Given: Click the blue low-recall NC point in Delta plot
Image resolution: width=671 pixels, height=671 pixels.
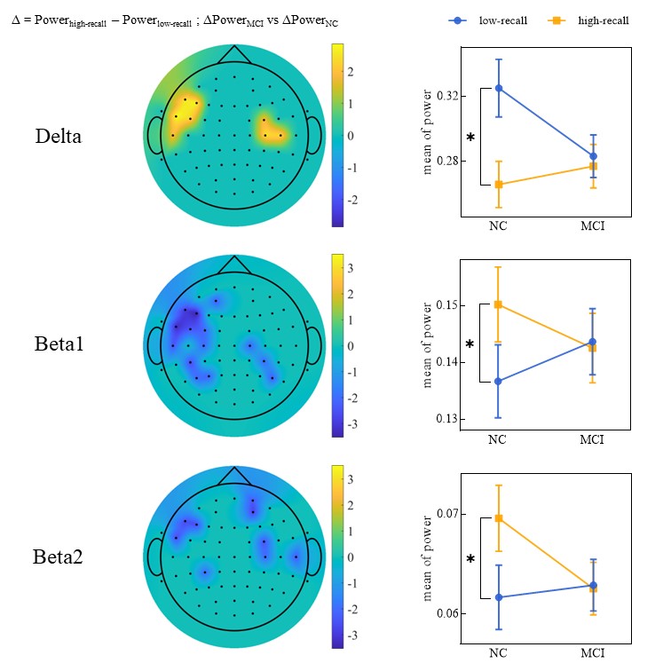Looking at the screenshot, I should click(x=499, y=88).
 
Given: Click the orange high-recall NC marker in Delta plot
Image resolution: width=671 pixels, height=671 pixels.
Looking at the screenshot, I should click(x=499, y=185).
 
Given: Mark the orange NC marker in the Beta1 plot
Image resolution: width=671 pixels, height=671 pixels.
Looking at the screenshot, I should click(x=499, y=304).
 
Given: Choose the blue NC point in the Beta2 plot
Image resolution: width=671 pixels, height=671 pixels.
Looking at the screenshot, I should click(x=499, y=597).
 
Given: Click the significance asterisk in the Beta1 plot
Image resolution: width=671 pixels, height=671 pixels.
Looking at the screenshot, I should click(x=470, y=344).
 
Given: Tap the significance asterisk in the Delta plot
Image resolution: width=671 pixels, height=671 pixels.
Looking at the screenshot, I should click(x=470, y=138).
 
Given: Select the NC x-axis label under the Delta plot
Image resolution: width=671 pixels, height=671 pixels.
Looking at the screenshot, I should click(x=499, y=227).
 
